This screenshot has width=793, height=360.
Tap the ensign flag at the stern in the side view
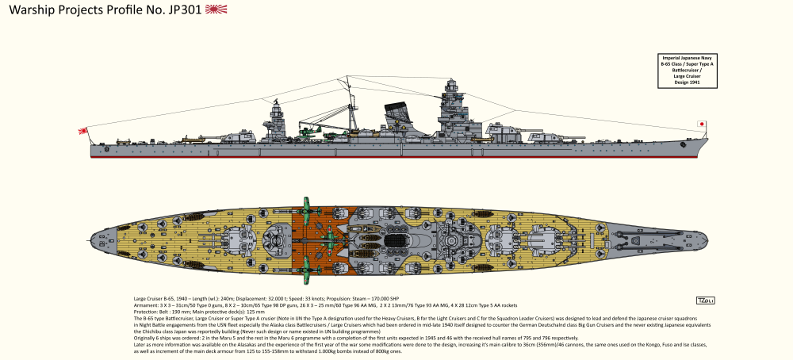(x=82, y=132)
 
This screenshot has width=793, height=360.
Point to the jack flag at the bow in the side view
(x=701, y=124)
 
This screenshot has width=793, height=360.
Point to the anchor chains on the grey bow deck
(x=634, y=236)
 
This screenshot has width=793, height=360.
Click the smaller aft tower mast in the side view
(x=278, y=119)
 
